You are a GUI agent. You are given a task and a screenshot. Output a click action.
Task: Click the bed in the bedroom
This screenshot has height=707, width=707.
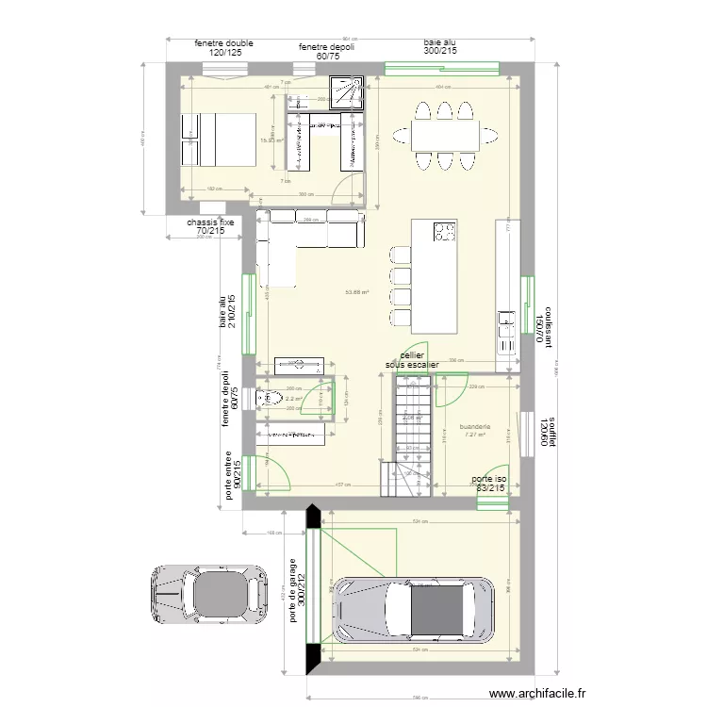point(219,140)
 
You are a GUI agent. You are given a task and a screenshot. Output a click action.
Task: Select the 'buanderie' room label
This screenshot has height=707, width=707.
point(475,427)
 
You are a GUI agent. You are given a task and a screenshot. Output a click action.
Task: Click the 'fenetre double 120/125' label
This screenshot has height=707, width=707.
point(224,48)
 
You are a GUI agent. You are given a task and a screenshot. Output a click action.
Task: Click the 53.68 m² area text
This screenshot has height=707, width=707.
point(356,292)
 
